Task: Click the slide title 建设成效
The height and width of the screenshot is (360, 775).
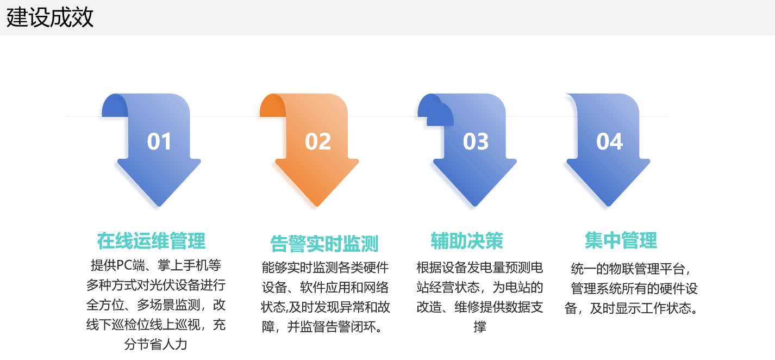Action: click(x=50, y=17)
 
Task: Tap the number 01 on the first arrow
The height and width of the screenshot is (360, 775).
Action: click(x=159, y=142)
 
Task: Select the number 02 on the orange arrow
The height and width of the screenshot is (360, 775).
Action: click(x=318, y=142)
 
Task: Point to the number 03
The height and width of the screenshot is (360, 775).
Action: click(x=476, y=142)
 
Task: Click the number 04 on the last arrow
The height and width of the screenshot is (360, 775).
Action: click(x=609, y=142)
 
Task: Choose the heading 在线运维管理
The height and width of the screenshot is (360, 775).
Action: click(x=151, y=240)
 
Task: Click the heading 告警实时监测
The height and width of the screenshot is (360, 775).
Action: click(x=324, y=244)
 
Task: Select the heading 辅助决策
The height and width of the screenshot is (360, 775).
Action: click(x=467, y=240)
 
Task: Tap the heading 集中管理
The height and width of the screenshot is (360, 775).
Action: click(x=621, y=240)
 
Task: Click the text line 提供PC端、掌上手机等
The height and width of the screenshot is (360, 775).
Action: click(x=156, y=265)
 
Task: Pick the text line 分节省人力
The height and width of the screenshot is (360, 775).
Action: click(x=156, y=344)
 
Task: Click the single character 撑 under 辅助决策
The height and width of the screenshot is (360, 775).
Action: click(x=479, y=327)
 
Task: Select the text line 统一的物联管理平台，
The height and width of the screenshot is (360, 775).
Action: click(x=632, y=269)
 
